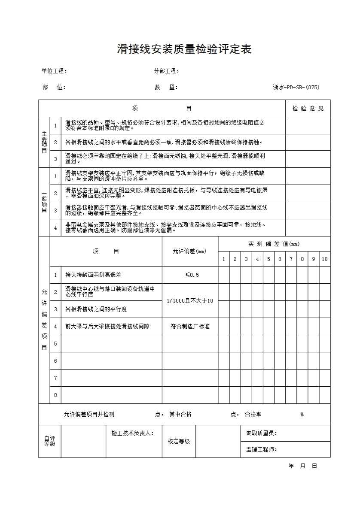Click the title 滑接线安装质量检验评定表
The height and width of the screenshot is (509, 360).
(184, 49)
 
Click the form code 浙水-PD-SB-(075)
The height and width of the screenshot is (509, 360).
(296, 88)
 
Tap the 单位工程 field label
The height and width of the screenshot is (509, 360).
(54, 71)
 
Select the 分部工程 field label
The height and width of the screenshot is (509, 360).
(166, 71)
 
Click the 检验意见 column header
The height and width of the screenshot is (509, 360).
(308, 109)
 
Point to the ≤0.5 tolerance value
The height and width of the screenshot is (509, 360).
(190, 275)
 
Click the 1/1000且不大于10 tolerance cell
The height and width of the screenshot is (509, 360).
(190, 301)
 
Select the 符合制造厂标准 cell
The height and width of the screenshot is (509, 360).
(190, 327)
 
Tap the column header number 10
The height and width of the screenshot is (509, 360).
(325, 259)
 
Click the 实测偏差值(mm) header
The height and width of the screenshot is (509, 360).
(274, 244)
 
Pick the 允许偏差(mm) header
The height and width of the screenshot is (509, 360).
(190, 251)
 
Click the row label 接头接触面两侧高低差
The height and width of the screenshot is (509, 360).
(93, 275)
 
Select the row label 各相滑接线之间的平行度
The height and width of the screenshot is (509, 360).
(96, 309)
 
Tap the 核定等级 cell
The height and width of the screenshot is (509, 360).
(179, 442)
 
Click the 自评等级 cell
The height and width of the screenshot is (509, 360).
(50, 442)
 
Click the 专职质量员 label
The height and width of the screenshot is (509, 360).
(261, 433)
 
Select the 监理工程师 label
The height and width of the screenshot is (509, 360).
(261, 450)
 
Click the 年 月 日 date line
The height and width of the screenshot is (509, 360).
(302, 466)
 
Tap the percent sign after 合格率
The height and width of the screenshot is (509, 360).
(302, 415)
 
